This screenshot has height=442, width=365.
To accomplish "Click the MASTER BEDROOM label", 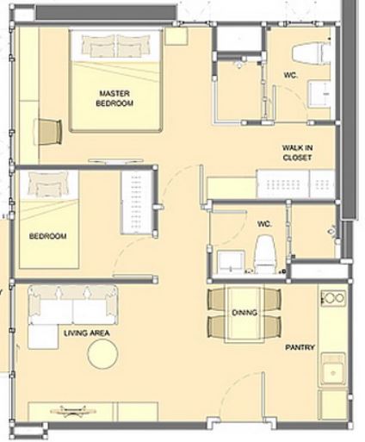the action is point(114,98).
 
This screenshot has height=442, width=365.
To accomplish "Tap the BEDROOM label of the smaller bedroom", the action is point(47,236).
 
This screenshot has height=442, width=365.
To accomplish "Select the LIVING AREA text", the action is point(87,333).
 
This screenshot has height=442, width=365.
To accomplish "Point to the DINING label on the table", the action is point(244,313).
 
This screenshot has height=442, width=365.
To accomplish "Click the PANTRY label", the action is point(300,347).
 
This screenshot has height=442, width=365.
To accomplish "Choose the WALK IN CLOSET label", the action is point(297,153).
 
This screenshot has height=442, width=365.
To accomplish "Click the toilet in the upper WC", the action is point(312,53).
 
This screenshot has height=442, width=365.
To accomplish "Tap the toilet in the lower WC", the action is point(265,254).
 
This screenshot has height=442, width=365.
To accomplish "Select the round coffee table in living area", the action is point(102,354).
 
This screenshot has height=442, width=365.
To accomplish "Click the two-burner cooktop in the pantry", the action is point(333,298).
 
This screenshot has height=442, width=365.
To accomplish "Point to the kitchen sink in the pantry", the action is point(333,370).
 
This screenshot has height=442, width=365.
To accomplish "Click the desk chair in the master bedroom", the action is point(50,132).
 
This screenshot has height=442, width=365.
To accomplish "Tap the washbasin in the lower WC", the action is point(231,262).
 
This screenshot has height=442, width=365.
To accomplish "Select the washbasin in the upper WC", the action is point(321,94).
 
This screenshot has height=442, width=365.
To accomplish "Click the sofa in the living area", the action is point(73,305).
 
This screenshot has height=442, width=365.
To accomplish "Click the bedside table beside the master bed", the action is point(176,36).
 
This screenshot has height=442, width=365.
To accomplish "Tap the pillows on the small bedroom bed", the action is point(48,184).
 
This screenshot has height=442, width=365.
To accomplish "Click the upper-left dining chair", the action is point(217,300).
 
